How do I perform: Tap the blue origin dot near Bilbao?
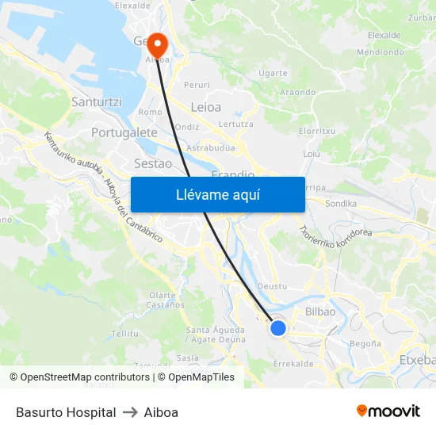pos(278,327)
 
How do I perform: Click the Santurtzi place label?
pos(96,102)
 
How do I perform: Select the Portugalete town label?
pos(124,132)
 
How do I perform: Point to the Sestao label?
pos(153,163)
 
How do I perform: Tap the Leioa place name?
pos(206,106)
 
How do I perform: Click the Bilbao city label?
pos(320,312)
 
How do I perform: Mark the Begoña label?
pos(365,344)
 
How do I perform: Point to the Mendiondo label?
pos(381,52)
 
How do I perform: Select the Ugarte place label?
pos(273,73)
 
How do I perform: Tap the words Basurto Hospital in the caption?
pos(66,412)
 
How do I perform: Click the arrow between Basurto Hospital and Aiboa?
pos(130,412)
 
